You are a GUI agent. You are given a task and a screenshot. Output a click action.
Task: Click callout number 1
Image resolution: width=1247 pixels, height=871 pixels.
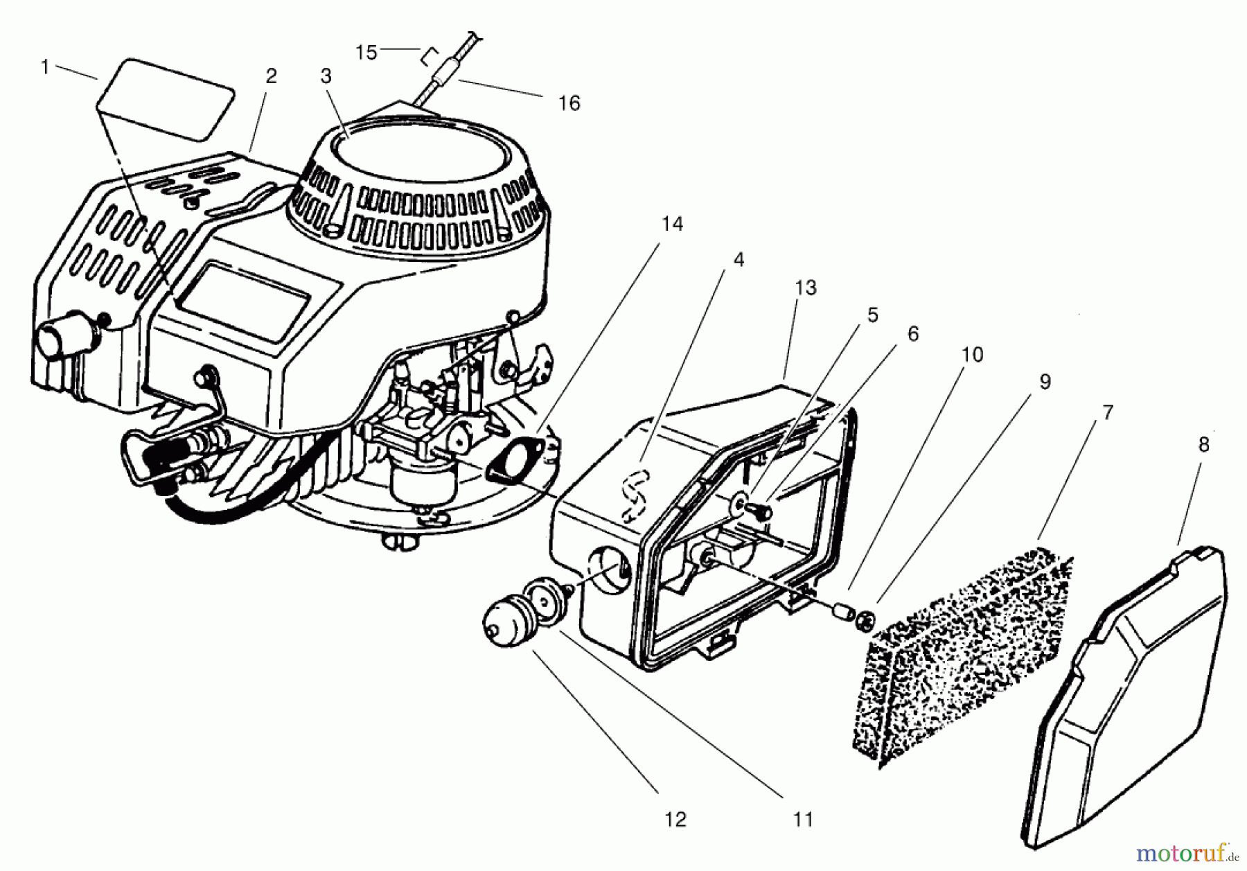(46, 68)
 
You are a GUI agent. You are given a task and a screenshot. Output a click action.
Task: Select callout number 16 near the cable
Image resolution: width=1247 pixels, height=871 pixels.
(569, 103)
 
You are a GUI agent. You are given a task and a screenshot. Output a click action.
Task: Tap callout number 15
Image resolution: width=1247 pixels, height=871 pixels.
(366, 52)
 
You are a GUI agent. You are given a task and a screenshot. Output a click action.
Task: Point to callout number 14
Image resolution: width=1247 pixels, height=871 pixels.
(671, 225)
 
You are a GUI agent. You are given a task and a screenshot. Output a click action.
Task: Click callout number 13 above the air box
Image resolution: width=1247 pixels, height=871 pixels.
(806, 288)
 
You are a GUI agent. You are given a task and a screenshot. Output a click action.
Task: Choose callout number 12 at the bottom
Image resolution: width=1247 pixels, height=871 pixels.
(675, 820)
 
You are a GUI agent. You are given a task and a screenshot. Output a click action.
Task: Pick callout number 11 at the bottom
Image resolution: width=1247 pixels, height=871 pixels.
(802, 820)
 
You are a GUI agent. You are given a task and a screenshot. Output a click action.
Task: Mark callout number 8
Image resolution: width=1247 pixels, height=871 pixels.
(1203, 445)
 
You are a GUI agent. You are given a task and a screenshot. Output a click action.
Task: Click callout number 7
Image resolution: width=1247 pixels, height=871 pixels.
(1107, 413)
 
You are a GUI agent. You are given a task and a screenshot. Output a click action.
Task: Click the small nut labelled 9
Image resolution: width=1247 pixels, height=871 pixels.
(865, 617)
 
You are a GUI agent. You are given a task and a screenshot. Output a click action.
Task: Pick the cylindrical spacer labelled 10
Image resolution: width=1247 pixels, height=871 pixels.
(843, 611)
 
